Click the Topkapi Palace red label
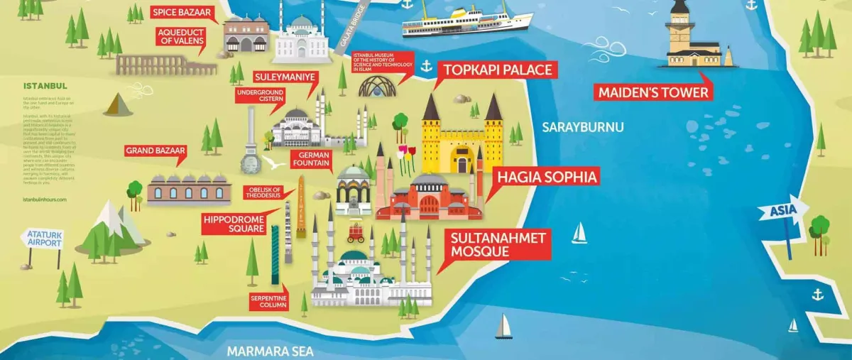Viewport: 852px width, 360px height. pyautogui.click(x=496, y=70)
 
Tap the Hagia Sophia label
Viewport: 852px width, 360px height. pyautogui.click(x=546, y=177)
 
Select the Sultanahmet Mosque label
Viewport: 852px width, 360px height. pyautogui.click(x=498, y=244)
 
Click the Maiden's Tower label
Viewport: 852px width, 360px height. pyautogui.click(x=652, y=93)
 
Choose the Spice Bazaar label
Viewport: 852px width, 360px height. pyautogui.click(x=178, y=12)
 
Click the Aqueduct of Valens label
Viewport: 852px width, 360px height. pyautogui.click(x=181, y=36)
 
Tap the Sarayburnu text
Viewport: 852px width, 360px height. pyautogui.click(x=582, y=128)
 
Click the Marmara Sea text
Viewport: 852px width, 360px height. pyautogui.click(x=270, y=351)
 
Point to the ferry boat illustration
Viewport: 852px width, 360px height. pyautogui.click(x=466, y=20)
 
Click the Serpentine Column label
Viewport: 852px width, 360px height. pyautogui.click(x=268, y=301)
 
